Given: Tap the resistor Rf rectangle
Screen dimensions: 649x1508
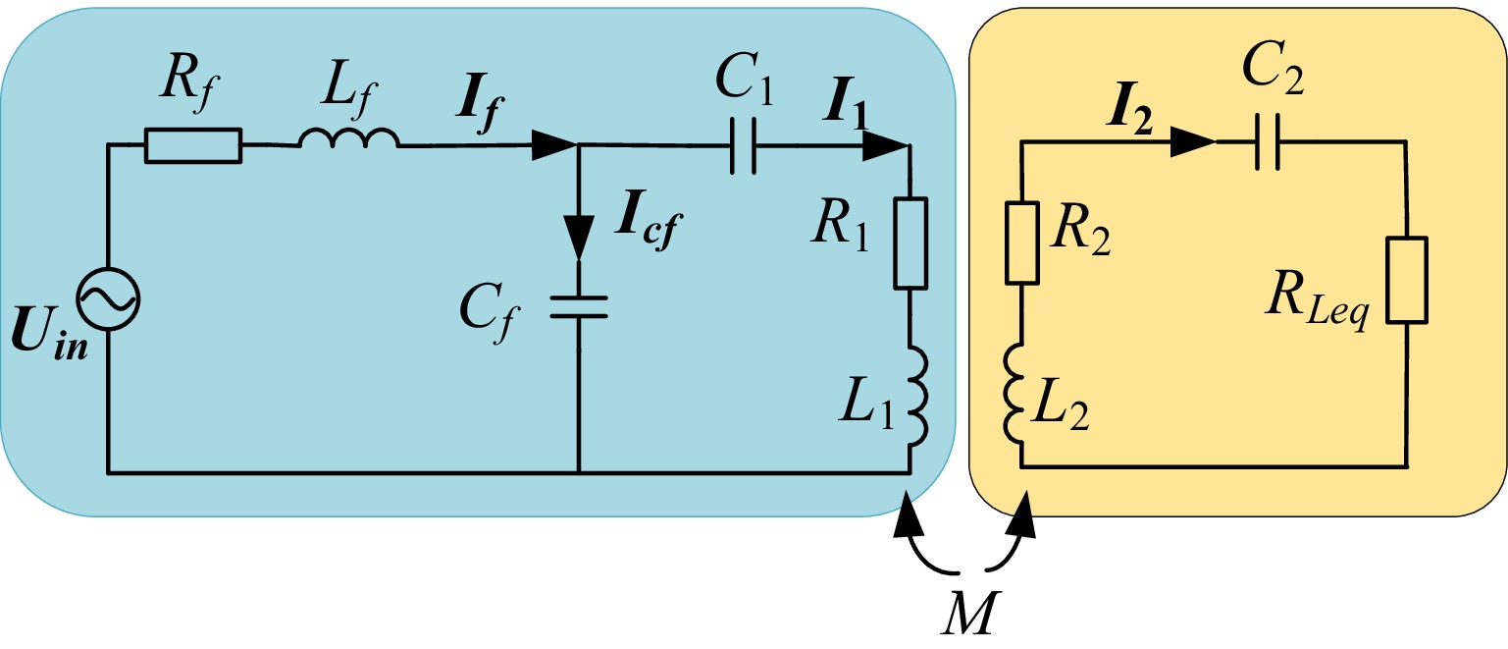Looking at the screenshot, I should pos(193,145).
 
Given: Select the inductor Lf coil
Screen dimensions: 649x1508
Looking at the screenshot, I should pos(349,139).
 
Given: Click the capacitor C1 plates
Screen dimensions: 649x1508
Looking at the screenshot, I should pos(744,147).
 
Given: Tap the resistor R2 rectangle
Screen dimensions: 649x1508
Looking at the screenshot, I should pos(1022,242).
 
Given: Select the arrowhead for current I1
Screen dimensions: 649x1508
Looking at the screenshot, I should pos(886,147).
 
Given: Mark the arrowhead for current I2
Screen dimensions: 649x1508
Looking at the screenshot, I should pos(1193,142).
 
